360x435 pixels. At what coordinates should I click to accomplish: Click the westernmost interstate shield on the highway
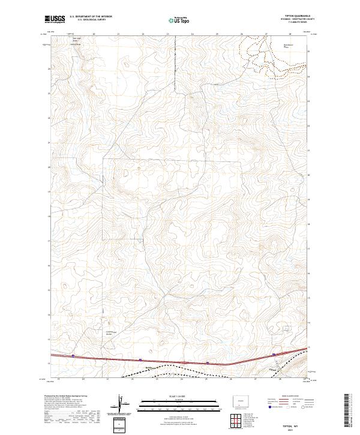tap(73, 356)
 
